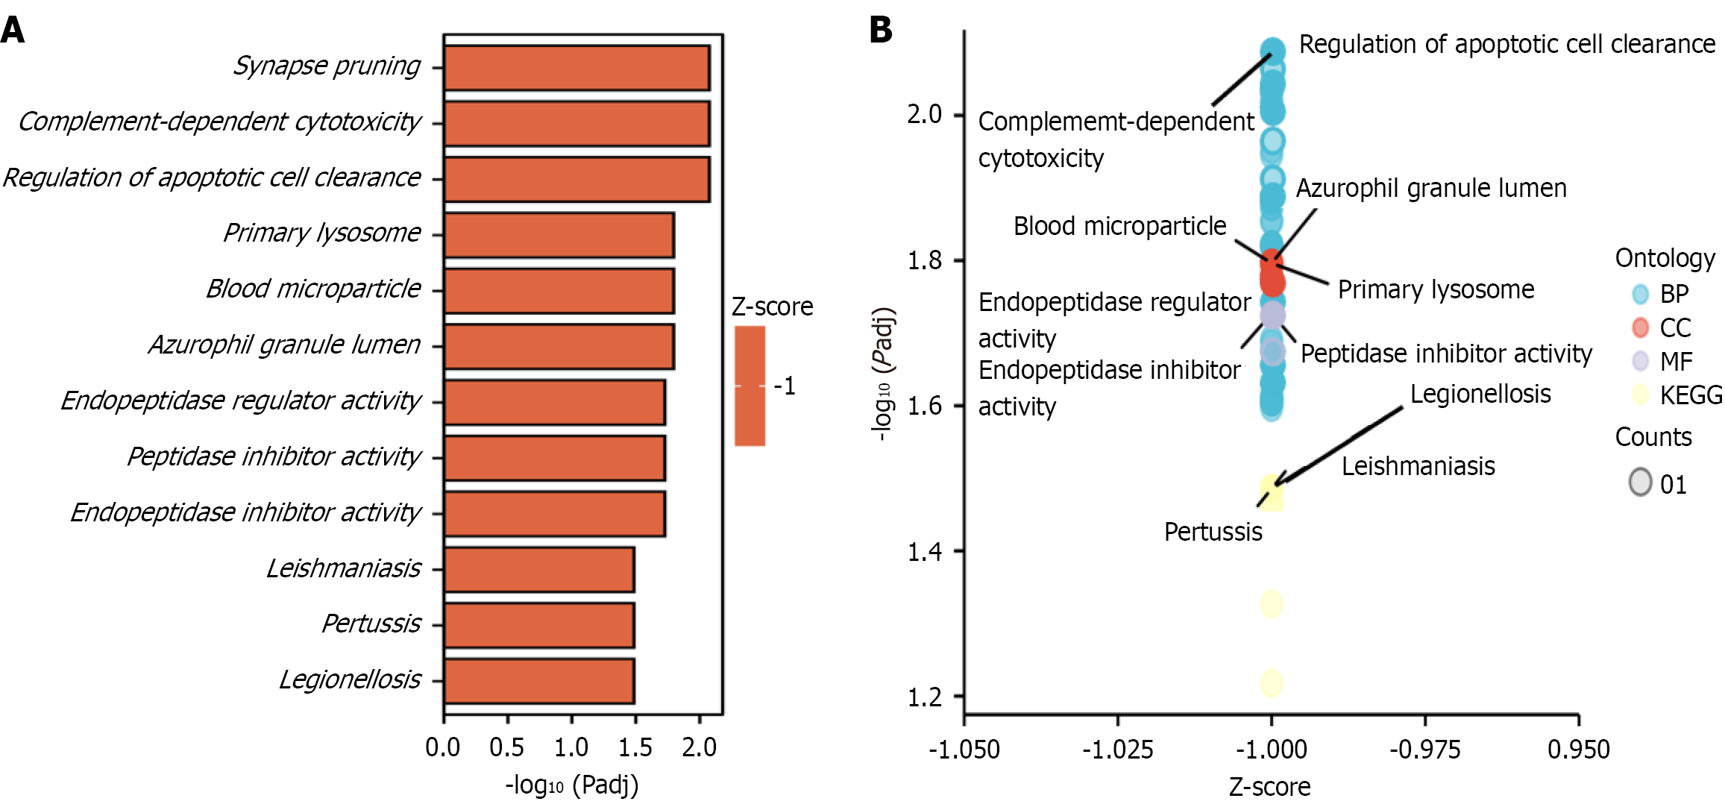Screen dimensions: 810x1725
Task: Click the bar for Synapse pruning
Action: coord(576,68)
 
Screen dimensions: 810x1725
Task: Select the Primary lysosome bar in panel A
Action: coord(559,235)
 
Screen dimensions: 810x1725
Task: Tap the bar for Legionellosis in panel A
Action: coord(539,681)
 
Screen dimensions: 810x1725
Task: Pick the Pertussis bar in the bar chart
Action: coord(539,625)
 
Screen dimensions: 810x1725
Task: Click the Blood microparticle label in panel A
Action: coord(313,289)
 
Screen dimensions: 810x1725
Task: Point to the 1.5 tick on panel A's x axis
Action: coord(635,747)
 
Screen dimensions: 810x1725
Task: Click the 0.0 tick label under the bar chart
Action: coord(443,747)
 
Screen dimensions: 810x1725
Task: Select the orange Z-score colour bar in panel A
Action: coord(750,386)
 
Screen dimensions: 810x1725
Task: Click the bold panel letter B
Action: coord(880,30)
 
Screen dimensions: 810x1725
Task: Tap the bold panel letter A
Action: coord(13,30)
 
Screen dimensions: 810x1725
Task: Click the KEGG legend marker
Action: coord(1640,395)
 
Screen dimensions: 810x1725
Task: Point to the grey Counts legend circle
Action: coord(1640,482)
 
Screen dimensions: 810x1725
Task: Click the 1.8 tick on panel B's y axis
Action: coord(925,260)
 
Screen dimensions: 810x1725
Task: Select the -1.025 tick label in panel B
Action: coord(1117,749)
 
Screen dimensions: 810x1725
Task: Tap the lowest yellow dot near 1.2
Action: coord(1272,682)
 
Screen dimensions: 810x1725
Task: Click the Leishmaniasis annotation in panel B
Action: coord(1418,466)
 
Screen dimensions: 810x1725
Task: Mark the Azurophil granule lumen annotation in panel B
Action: coord(1430,188)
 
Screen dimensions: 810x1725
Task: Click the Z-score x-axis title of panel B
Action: coord(1269,787)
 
